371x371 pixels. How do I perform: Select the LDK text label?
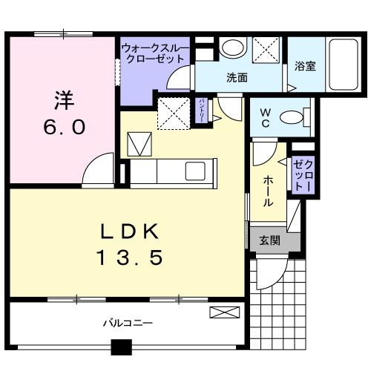(130, 232)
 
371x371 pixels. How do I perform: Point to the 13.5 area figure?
(130, 258)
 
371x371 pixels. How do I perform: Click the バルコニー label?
(127, 324)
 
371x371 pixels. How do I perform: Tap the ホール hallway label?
(266, 191)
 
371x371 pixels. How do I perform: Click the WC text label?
(265, 118)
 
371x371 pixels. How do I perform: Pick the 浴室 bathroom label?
(305, 66)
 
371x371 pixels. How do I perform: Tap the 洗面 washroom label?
(237, 76)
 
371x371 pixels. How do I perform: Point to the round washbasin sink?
(233, 47)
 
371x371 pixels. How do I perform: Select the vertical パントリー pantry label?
(200, 111)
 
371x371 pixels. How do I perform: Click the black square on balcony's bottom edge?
(121, 347)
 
